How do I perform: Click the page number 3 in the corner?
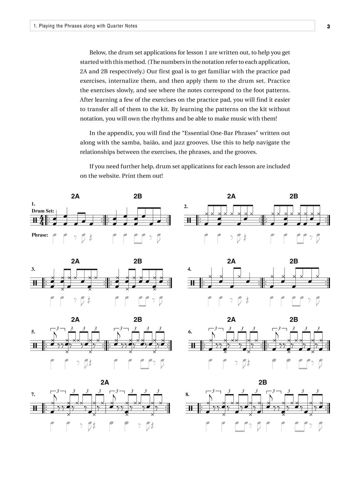point(328,26)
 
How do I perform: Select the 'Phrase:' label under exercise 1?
point(40,235)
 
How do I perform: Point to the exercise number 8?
point(187,394)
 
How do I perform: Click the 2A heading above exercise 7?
point(105,382)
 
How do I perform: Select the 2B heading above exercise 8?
point(262,382)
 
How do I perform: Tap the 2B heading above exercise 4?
point(293,261)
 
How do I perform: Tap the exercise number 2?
point(186,206)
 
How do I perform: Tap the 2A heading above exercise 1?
point(75,196)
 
